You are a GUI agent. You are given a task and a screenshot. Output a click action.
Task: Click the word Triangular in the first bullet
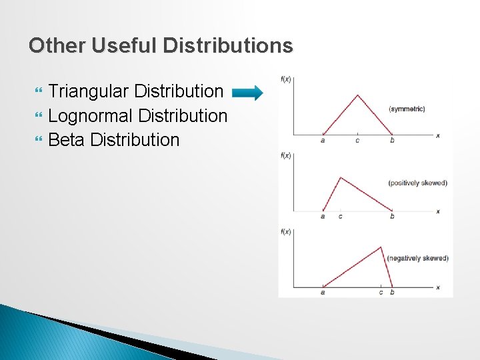(x=89, y=91)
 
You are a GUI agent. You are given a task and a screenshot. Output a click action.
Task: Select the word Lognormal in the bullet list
(x=91, y=115)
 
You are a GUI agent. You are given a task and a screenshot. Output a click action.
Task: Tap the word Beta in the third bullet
(x=67, y=140)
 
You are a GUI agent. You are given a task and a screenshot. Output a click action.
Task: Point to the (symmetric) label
(x=406, y=109)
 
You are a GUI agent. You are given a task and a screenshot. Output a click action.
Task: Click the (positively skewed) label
(x=417, y=183)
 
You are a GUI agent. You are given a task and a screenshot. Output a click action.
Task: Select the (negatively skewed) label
(x=417, y=258)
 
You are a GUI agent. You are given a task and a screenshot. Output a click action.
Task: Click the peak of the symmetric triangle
(x=358, y=94)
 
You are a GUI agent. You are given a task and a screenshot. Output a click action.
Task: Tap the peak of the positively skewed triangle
(x=341, y=177)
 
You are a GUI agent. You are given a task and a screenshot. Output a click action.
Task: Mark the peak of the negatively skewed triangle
(x=382, y=247)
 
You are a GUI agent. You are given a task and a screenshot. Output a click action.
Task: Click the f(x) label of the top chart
(x=285, y=79)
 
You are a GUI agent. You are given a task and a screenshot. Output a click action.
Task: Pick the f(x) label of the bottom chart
(x=285, y=231)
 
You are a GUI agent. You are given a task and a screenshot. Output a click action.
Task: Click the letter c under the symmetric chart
(x=357, y=140)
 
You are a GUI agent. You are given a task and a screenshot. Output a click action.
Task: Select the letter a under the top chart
(x=323, y=140)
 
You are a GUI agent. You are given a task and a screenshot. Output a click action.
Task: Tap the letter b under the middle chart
(x=392, y=216)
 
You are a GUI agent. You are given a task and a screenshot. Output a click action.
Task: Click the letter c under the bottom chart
(x=381, y=292)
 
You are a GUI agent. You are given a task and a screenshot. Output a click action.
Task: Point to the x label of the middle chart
(x=437, y=211)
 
